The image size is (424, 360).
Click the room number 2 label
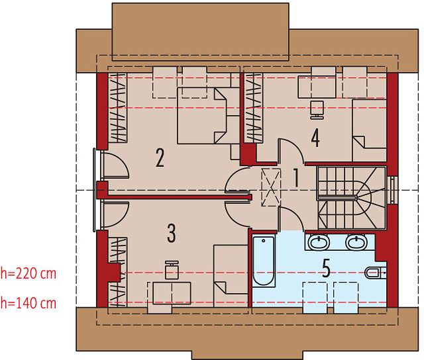click(x=160, y=157)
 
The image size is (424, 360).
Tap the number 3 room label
click(x=172, y=233)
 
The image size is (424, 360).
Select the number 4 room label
click(x=315, y=138)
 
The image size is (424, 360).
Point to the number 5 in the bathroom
click(x=327, y=269)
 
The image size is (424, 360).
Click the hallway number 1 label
click(x=296, y=178)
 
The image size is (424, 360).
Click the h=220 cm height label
click(x=28, y=273)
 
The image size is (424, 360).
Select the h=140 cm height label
click(x=28, y=302)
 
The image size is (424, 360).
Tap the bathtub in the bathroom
click(x=264, y=261)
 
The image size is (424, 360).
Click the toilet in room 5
click(x=376, y=273)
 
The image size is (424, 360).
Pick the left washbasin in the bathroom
click(x=319, y=242)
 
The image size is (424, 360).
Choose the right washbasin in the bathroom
click(x=357, y=242)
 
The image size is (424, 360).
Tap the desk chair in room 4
click(x=317, y=110)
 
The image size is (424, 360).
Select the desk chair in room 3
click(x=172, y=269)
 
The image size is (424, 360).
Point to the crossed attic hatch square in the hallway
click(x=271, y=187)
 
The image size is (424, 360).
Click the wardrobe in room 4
click(x=254, y=107)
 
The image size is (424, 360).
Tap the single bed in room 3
click(x=231, y=276)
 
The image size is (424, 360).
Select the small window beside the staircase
click(x=392, y=190)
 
